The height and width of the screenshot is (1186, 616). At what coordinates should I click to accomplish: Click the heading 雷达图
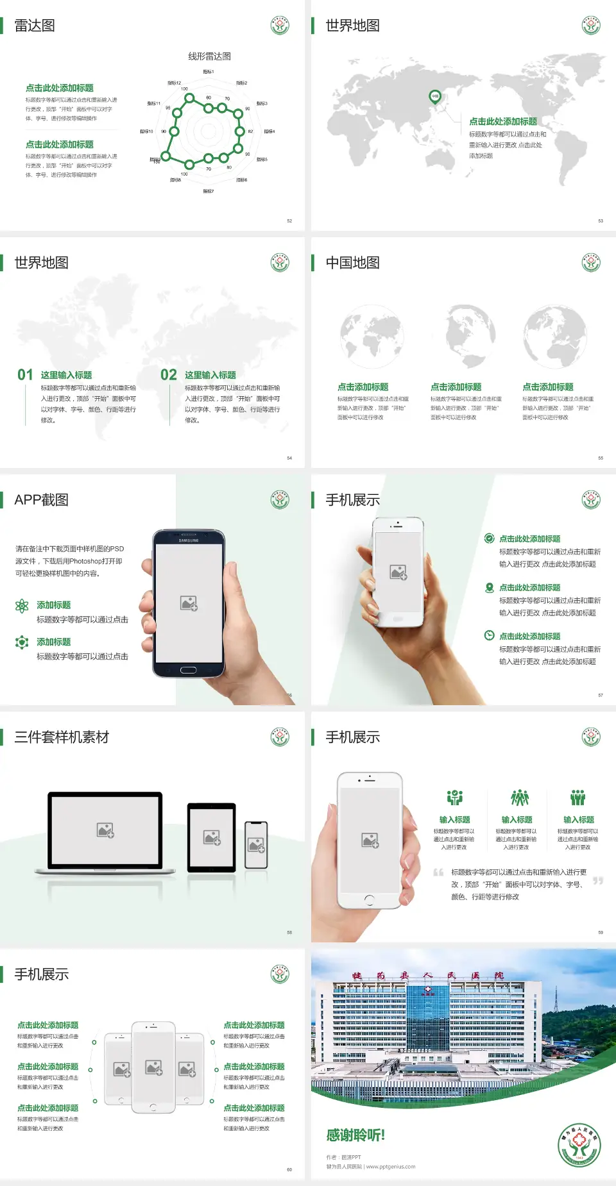click(x=35, y=26)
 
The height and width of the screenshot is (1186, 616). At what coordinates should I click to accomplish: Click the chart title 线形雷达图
click(x=209, y=56)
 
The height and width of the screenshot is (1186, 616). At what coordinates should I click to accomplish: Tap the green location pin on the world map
click(x=434, y=97)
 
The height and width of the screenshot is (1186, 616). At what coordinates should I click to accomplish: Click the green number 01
click(x=25, y=375)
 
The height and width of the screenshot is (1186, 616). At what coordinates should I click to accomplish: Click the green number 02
click(x=169, y=375)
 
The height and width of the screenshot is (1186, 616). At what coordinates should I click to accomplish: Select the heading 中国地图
click(x=352, y=263)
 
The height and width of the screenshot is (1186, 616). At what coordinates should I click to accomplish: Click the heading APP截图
click(x=42, y=500)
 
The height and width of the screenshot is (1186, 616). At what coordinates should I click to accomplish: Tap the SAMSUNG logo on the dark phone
click(x=189, y=540)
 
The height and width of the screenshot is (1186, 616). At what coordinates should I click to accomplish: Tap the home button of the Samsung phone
click(x=188, y=670)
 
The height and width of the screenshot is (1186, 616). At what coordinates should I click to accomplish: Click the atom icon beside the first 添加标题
click(x=22, y=606)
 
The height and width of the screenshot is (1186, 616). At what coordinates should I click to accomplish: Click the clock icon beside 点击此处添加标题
click(x=489, y=635)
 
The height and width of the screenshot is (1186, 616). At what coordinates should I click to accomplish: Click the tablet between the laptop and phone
click(x=211, y=837)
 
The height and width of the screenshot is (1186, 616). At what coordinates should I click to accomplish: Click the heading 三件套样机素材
click(x=62, y=737)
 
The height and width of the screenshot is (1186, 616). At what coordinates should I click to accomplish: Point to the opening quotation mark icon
click(x=438, y=873)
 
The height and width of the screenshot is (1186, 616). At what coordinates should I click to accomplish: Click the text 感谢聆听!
click(x=355, y=1135)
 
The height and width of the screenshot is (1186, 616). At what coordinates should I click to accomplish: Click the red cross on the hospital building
click(x=428, y=991)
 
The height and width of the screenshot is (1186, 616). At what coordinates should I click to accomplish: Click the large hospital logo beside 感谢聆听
click(x=579, y=1145)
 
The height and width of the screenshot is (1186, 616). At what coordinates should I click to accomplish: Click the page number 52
click(x=289, y=221)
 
